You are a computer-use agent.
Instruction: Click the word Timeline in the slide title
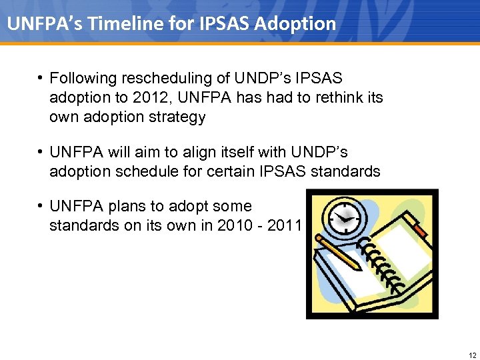tap(124, 24)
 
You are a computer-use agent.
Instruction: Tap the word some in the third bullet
tap(234, 207)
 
